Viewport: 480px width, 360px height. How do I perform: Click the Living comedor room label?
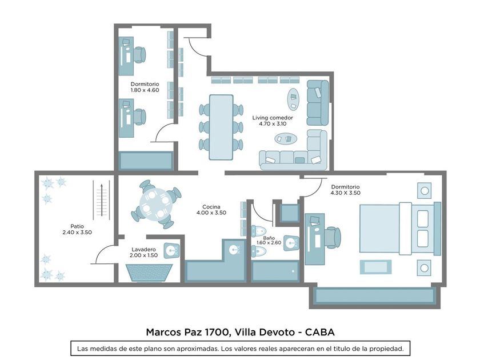[x=273, y=118]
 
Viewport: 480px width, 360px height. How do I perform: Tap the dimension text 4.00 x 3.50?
[x=211, y=213]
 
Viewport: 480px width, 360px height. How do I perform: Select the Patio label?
[x=77, y=226]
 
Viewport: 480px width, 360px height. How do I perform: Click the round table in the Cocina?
[x=156, y=204]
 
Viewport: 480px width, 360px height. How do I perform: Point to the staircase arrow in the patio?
[x=101, y=200]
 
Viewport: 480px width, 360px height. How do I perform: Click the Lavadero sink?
[x=172, y=251]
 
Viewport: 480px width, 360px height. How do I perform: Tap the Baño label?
[x=269, y=238]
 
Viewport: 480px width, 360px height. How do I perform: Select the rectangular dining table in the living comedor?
[x=221, y=127]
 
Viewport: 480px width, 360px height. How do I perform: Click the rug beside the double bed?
[x=375, y=267]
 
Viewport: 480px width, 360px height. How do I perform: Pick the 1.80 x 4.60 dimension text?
[x=145, y=90]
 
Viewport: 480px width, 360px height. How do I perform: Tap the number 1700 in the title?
[x=218, y=332]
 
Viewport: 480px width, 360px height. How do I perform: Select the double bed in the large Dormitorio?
[x=400, y=229]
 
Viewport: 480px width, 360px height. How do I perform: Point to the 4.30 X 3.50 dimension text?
[x=345, y=193]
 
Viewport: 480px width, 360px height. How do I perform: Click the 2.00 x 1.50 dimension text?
[x=143, y=255]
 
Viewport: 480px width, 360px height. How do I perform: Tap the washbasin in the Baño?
[x=291, y=243]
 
